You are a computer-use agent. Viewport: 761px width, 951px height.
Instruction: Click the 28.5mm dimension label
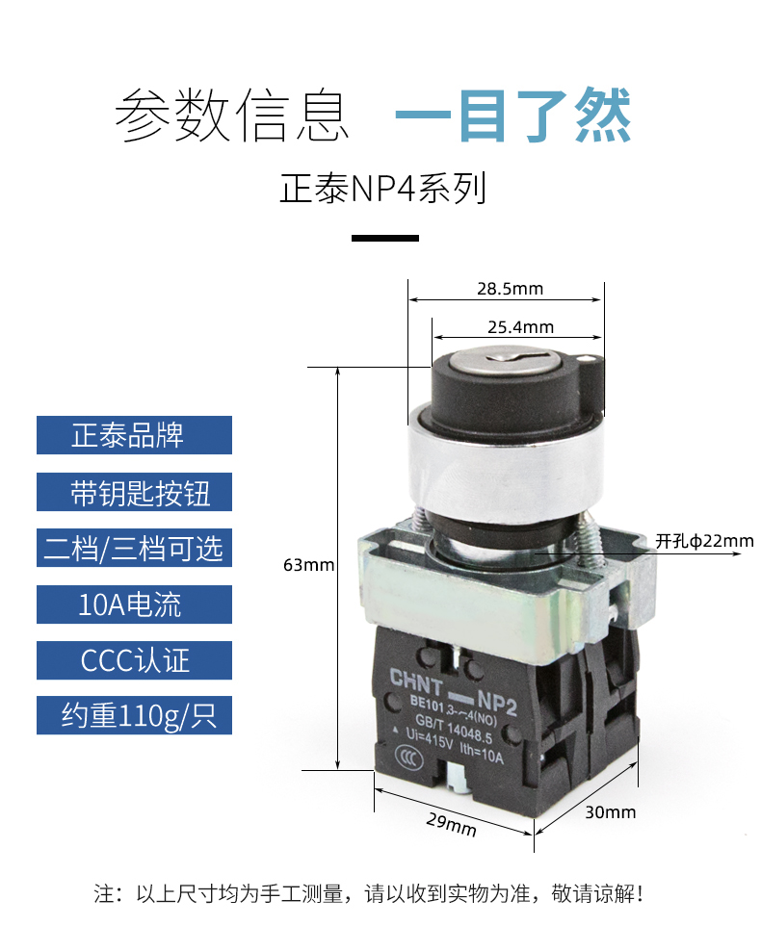tap(510, 289)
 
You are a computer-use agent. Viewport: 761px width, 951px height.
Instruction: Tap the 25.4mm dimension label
tap(519, 327)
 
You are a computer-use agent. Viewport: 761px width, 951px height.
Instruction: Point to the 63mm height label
tap(308, 565)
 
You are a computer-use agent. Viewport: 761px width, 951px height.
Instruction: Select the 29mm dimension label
tap(452, 824)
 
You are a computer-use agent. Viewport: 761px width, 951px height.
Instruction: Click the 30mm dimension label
tap(611, 811)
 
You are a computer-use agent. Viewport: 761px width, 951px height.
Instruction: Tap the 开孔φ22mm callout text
tap(704, 541)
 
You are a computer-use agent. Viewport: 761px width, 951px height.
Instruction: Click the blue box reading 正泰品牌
tap(134, 435)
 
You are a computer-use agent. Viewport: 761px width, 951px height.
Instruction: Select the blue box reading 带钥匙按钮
tap(134, 492)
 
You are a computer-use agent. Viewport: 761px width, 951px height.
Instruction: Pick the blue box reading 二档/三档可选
tap(134, 548)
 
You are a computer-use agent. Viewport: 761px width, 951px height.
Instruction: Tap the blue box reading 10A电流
tap(134, 604)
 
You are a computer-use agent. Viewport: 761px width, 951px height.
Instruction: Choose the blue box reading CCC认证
tap(134, 660)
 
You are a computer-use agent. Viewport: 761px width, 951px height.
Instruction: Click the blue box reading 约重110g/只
tap(134, 715)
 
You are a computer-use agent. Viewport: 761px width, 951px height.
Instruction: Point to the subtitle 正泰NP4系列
tap(383, 188)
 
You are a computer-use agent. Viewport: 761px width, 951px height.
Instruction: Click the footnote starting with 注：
tap(368, 893)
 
